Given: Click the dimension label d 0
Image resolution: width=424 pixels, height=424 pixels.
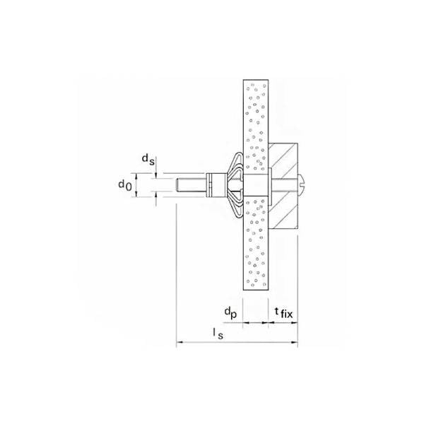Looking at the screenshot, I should coord(124,186).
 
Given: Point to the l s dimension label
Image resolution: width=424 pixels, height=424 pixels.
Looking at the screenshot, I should coord(220,334).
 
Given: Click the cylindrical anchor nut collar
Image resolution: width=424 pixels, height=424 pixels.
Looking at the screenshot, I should coord(214,187).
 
